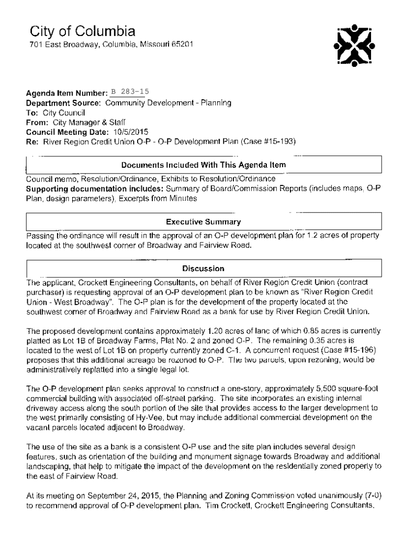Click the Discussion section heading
pyautogui.click(x=203, y=269)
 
